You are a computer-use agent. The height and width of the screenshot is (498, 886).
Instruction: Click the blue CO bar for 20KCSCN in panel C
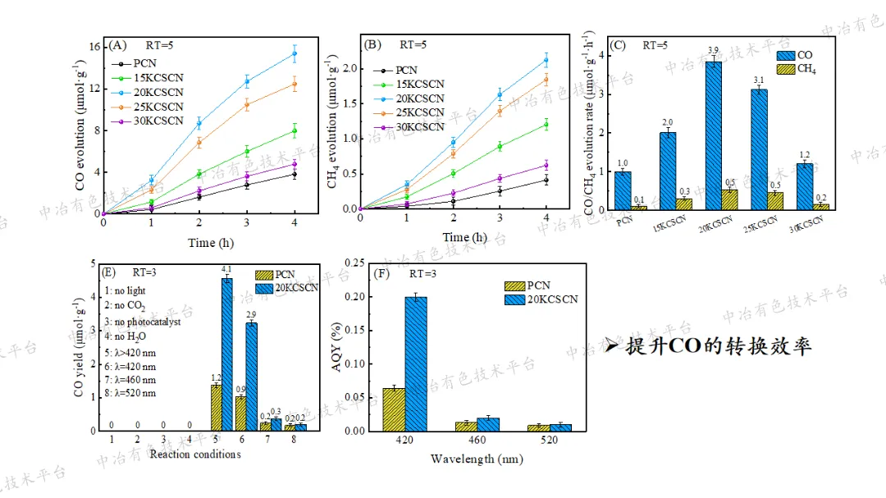pyautogui.click(x=714, y=135)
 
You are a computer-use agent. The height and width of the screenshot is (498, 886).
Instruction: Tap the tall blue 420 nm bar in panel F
pyautogui.click(x=416, y=363)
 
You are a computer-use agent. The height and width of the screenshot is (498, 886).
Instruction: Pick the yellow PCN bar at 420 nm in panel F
pyautogui.click(x=394, y=409)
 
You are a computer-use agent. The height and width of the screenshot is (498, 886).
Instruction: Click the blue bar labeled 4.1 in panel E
pyautogui.click(x=226, y=354)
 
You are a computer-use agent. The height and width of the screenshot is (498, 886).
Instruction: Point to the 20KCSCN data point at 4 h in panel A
pyautogui.click(x=295, y=53)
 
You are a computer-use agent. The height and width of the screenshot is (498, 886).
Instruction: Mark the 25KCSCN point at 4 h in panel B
pyautogui.click(x=546, y=79)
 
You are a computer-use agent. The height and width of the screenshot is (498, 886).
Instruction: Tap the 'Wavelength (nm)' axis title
pyautogui.click(x=474, y=459)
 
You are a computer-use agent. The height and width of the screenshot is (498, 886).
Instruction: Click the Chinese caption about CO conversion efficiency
pyautogui.click(x=710, y=346)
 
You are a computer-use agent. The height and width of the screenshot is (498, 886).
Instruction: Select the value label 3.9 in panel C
pyautogui.click(x=714, y=50)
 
